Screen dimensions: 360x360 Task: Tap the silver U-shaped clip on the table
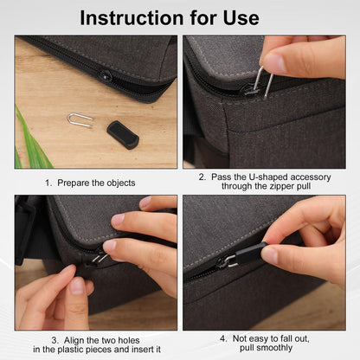[x=80, y=119]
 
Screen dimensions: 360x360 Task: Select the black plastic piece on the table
[x=122, y=134]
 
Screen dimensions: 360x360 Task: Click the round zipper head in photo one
[x=106, y=76]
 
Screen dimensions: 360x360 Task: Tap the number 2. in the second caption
[x=202, y=177]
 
